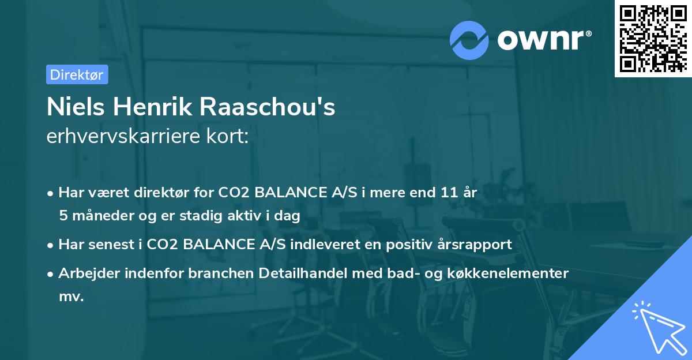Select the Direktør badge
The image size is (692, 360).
tap(77, 75)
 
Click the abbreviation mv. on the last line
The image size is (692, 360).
tap(71, 297)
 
